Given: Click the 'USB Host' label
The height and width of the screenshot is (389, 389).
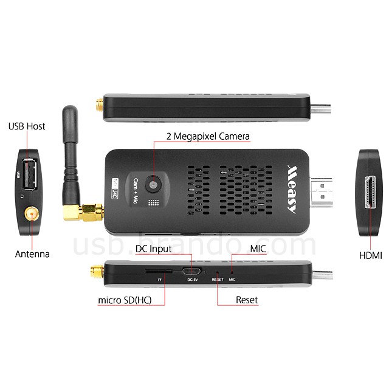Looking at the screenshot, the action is [x=26, y=126].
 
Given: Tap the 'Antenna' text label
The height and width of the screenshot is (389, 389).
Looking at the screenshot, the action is [x=32, y=253].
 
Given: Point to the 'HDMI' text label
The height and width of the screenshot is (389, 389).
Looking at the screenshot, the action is [x=370, y=256].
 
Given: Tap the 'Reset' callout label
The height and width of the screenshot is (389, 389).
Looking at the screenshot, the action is [x=247, y=300].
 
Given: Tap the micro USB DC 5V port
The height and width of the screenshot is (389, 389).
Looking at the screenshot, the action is [x=194, y=271].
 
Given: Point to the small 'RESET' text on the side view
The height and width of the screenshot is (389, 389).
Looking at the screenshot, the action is [x=217, y=280].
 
